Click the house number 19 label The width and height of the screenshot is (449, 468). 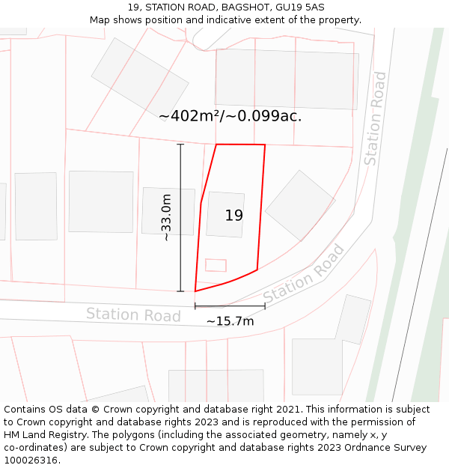click(234, 216)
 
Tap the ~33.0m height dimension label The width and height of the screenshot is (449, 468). click(166, 217)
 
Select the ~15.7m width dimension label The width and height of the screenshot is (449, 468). click(230, 321)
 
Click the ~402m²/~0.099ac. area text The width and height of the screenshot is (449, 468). click(230, 116)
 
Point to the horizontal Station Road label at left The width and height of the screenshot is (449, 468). click(133, 314)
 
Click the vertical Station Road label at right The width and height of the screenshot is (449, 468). click(375, 118)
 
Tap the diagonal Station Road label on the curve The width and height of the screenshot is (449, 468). click(304, 274)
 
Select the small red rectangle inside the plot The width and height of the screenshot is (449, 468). click(216, 265)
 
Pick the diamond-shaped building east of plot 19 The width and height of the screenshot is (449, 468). click(300, 205)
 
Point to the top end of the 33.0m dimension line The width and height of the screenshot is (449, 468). click(180, 145)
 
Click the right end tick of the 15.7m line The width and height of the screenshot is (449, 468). click(265, 306)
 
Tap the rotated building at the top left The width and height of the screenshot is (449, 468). click(140, 77)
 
